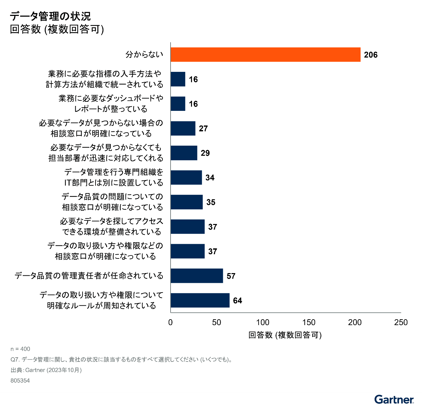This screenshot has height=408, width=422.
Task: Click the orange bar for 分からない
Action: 265,55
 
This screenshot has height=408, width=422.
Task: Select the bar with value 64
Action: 200,300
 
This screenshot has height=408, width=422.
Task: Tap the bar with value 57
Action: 197,276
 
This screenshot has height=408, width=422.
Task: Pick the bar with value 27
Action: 183,128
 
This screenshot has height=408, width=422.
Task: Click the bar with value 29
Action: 184,153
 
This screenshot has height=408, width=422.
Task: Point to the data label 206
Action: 371,55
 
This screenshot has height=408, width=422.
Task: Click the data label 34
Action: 210,178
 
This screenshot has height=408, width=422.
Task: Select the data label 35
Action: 211,202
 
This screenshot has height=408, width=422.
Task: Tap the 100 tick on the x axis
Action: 262,322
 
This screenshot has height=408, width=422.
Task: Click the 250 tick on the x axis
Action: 401,322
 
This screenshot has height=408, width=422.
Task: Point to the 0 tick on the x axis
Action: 171,322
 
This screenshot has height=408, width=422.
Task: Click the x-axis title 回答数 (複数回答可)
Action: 285,335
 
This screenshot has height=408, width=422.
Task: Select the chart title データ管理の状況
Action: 50,16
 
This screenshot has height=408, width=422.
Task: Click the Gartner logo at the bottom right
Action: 394,400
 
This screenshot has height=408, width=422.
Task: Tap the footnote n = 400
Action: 20,349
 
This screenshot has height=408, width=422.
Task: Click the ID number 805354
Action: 20,381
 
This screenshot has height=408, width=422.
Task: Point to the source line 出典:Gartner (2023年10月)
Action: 46,370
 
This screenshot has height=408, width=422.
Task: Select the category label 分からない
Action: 144,55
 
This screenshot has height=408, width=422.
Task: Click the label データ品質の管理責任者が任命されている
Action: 89,276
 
